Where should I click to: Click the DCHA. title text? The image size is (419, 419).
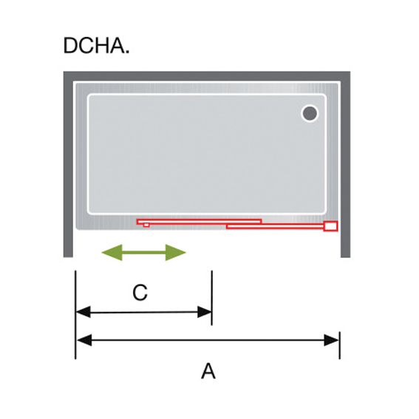(96, 45)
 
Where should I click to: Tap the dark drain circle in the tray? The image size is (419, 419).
(310, 113)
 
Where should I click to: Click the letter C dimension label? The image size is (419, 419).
(140, 293)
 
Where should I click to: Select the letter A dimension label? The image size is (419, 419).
(208, 371)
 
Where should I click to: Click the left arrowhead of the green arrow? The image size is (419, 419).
(112, 252)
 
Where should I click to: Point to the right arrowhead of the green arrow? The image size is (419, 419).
(176, 252)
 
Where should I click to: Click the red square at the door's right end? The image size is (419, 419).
(330, 226)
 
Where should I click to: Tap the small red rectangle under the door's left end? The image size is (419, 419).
(146, 225)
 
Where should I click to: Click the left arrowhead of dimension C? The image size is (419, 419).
(83, 312)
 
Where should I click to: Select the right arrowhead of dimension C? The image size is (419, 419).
(205, 312)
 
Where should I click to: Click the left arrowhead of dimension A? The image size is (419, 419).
(84, 340)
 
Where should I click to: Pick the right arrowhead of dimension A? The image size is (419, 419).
(331, 340)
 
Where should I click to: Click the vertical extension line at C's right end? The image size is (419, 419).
(212, 298)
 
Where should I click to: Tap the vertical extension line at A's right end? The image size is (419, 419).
(340, 345)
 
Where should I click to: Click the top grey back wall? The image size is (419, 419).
(207, 76)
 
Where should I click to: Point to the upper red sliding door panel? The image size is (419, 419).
(199, 222)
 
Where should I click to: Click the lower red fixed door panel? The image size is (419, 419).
(275, 227)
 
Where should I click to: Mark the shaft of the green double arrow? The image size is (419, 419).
(144, 252)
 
